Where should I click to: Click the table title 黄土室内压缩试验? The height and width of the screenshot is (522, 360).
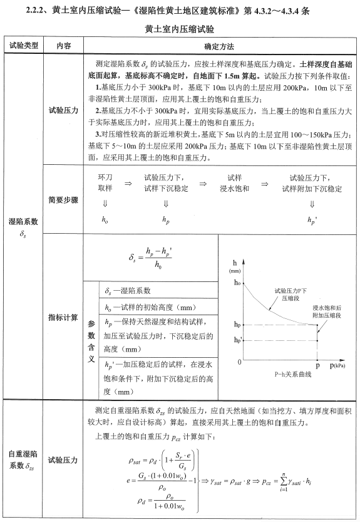tap(179, 29)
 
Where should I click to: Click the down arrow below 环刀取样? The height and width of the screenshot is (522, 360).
tap(105, 203)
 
